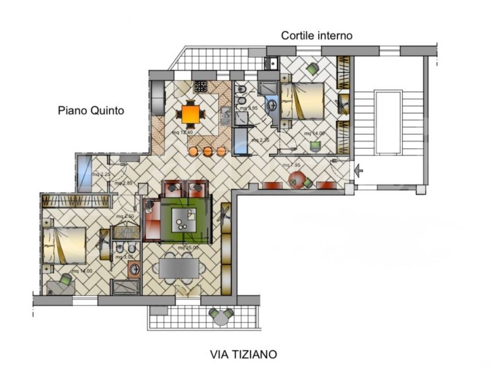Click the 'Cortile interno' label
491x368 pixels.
(x=316, y=35)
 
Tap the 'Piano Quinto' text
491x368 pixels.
(x=91, y=111)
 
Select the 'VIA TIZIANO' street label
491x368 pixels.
(x=244, y=355)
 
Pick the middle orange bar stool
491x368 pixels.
(x=207, y=152)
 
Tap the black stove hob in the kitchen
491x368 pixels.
(x=200, y=87)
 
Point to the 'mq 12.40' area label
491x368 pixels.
(x=182, y=132)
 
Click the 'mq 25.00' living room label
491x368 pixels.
(x=188, y=248)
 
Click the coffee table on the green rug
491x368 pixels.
(x=185, y=218)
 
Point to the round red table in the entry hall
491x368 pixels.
(x=297, y=181)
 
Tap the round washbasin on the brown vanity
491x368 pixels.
(x=134, y=269)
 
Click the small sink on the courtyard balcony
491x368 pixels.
(x=271, y=63)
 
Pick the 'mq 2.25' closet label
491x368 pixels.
(x=101, y=174)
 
